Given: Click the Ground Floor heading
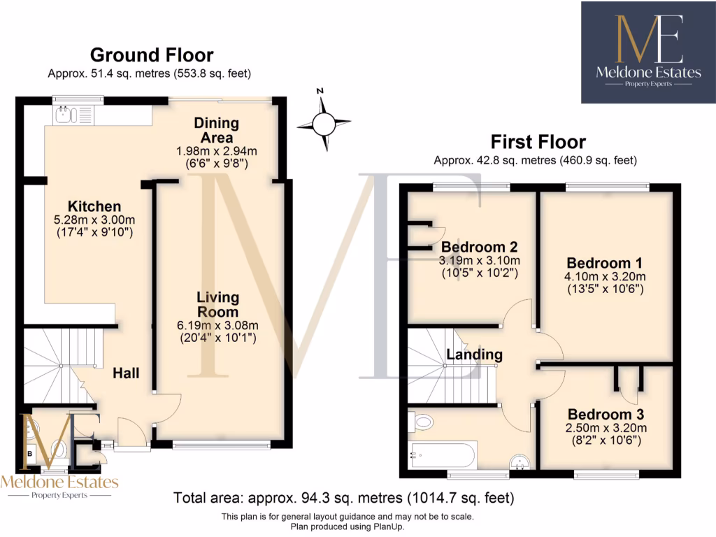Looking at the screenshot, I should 152,55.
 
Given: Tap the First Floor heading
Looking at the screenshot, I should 538,142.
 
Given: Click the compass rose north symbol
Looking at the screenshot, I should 323,124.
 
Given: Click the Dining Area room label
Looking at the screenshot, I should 216,130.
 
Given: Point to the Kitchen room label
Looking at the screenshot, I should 94,206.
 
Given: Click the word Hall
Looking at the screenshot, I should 126,373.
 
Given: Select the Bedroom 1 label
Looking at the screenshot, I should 604,264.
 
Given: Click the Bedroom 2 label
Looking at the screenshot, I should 479,247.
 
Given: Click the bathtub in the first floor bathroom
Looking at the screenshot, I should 443,455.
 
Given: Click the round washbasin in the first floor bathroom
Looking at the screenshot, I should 519,461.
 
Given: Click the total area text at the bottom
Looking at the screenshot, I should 343,499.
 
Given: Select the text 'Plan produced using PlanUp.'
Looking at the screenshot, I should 348,526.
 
